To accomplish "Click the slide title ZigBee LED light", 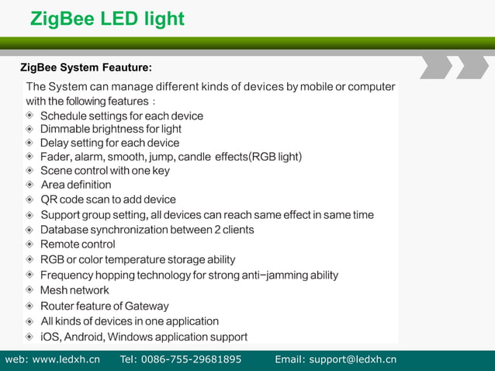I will (107, 18).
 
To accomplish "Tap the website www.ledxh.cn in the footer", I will (66, 359).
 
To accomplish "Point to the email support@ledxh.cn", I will (353, 359).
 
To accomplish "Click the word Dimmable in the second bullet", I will (66, 129).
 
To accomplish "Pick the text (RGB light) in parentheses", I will (275, 157).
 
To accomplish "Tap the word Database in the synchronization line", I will (64, 230).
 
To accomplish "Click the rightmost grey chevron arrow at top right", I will (472, 67).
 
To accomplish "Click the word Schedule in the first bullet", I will (65, 116).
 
